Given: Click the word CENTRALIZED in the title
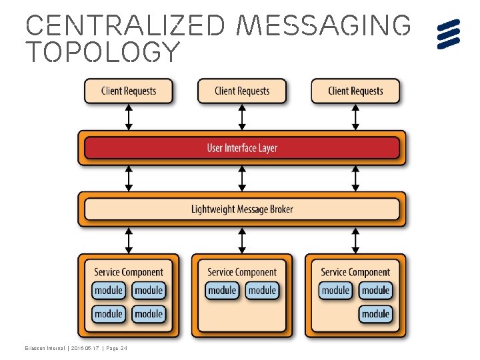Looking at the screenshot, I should tap(127, 25).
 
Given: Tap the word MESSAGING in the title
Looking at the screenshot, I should tap(325, 25).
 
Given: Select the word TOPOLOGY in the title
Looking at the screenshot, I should tap(103, 52).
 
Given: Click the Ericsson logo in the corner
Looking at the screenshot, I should tap(449, 33).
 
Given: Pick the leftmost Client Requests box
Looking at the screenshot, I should tap(129, 91).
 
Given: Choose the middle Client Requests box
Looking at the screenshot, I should tap(242, 91).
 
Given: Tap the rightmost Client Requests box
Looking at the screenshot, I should tap(355, 91).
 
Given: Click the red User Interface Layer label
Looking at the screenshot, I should tap(242, 147).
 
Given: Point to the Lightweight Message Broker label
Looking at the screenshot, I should tap(242, 209).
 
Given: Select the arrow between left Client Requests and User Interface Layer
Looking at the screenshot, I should tap(129, 117).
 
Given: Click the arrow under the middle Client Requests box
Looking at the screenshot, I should tap(242, 117).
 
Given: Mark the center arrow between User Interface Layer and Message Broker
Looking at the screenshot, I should tap(242, 178).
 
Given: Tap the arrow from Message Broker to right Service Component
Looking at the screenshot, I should tap(355, 240).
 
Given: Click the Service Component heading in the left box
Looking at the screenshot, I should tap(129, 272).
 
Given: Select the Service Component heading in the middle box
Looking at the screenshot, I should tap(242, 272).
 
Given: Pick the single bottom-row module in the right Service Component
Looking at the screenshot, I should tap(375, 313).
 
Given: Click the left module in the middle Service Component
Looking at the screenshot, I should tap(222, 291).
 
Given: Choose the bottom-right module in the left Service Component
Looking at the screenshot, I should tap(149, 313).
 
